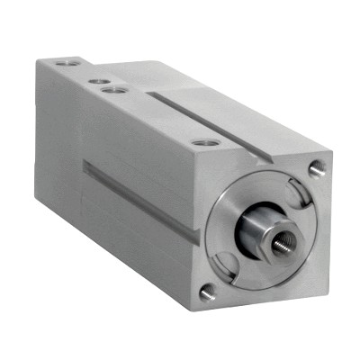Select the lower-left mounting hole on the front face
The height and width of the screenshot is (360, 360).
pyautogui.click(x=208, y=291)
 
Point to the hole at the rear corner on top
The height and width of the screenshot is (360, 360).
pyautogui.click(x=62, y=64)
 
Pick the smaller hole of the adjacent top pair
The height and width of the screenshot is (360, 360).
pyautogui.click(x=94, y=81)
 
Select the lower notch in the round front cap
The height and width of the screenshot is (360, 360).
pyautogui.click(x=229, y=263)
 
